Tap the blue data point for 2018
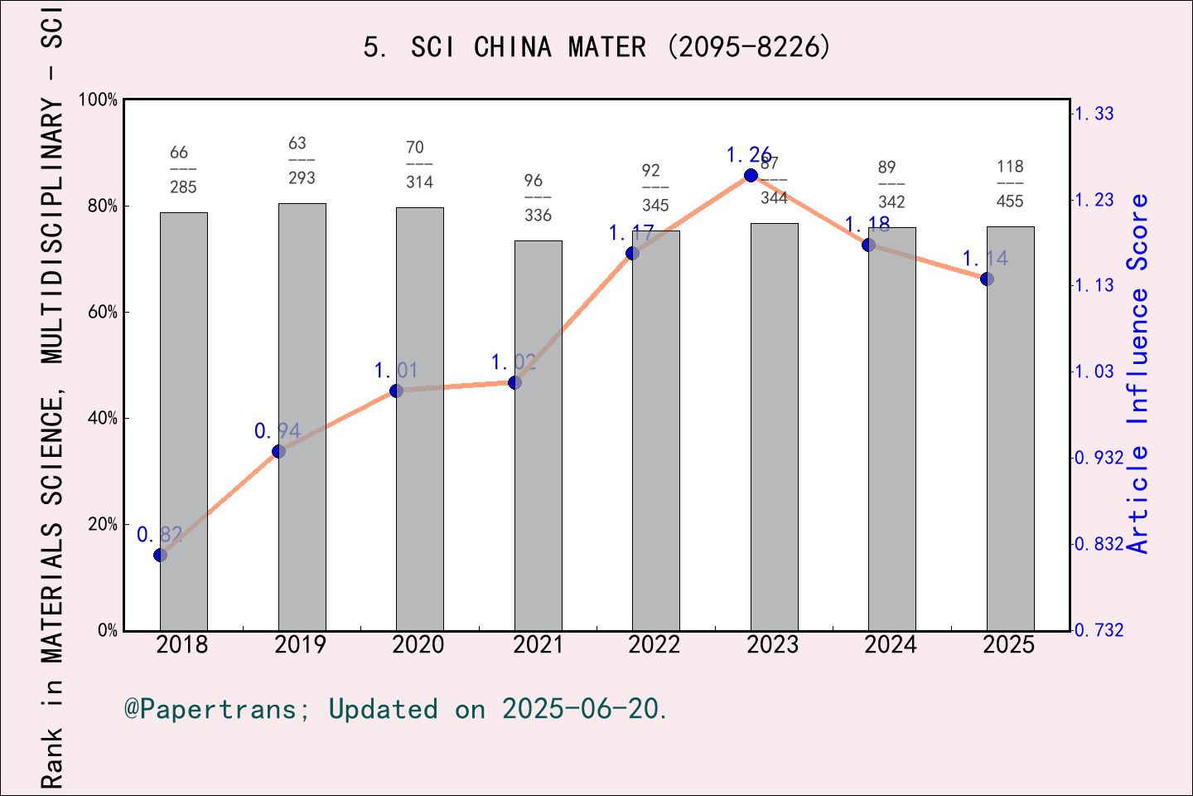tap(161, 555)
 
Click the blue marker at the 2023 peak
tap(751, 175)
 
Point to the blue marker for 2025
tap(987, 279)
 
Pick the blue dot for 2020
tap(396, 391)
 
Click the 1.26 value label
tap(748, 155)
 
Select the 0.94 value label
tap(277, 431)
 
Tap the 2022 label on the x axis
tap(654, 645)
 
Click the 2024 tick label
tap(890, 645)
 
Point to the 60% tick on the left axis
tap(103, 313)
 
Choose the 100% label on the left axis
tap(98, 100)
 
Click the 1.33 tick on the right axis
tap(1094, 114)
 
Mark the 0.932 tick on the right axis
tap(1099, 458)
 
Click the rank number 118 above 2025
tap(1010, 167)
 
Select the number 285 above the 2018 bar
tap(183, 187)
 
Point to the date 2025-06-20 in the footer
tap(582, 709)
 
